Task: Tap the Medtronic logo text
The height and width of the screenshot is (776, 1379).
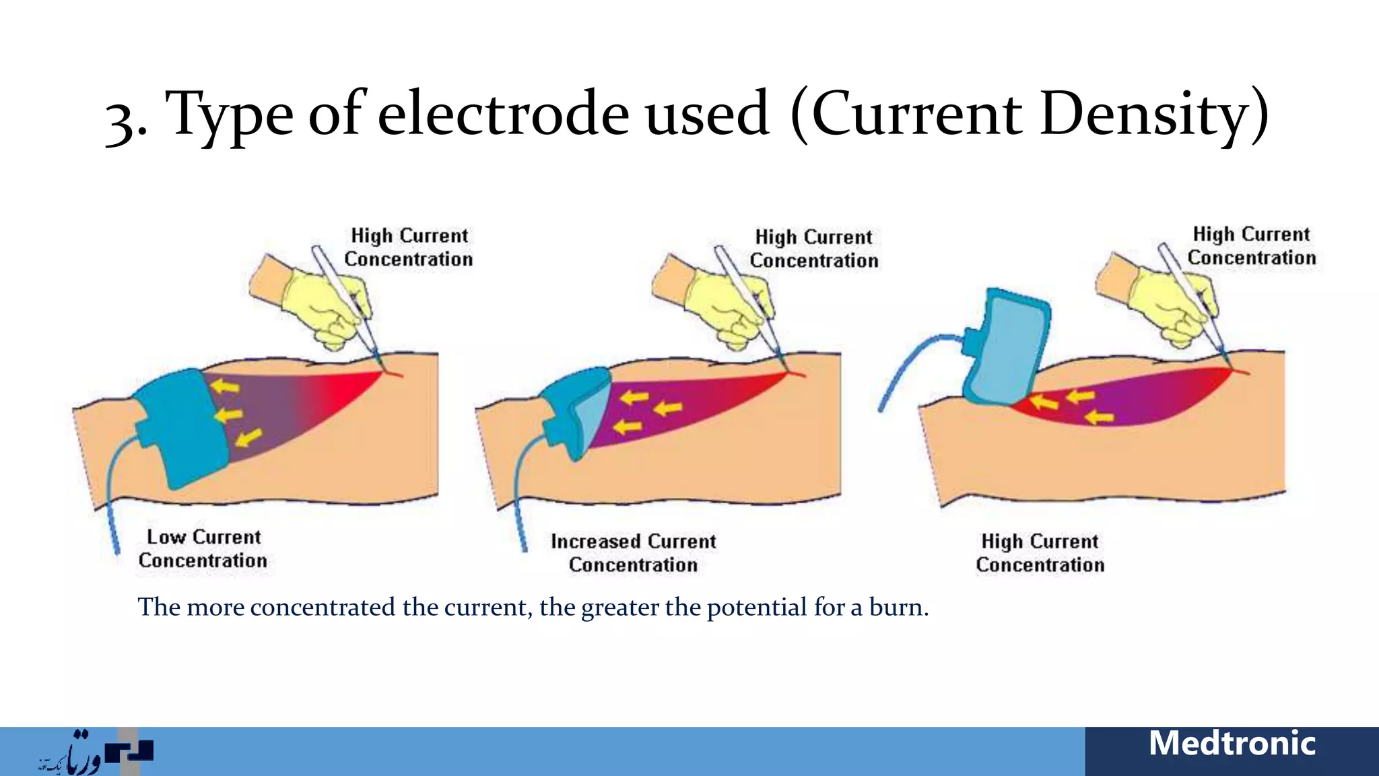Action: click(1232, 744)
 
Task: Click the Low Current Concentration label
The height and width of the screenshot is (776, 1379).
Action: click(203, 548)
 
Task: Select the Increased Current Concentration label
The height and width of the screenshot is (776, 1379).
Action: click(633, 552)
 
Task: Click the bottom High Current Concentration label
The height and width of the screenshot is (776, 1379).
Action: click(1040, 552)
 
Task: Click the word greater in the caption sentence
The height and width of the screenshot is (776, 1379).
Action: click(619, 608)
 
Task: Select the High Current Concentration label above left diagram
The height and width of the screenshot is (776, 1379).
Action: click(409, 247)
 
